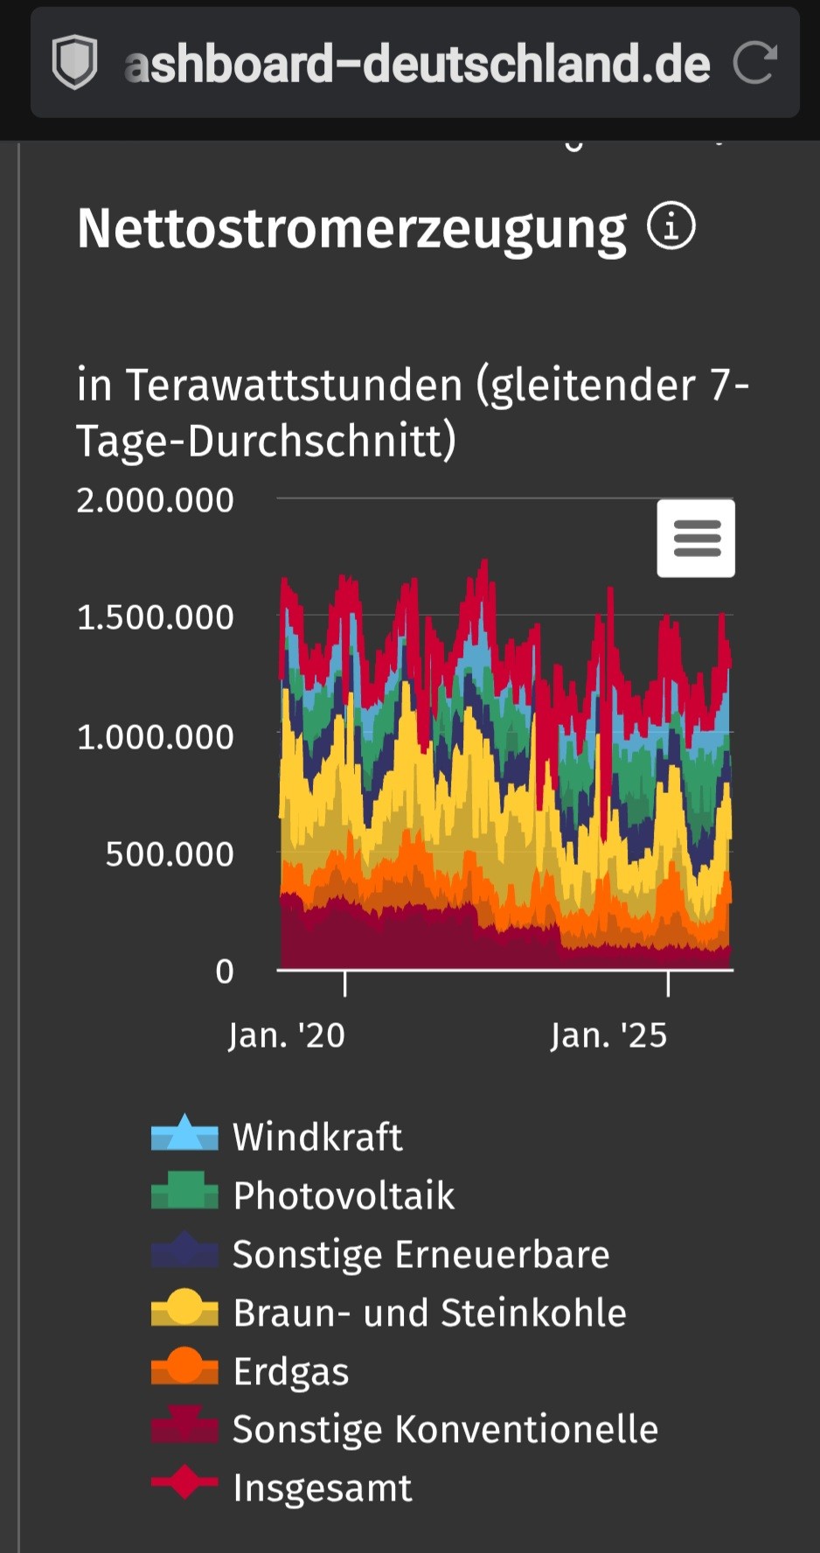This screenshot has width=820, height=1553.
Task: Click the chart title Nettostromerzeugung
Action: click(x=351, y=229)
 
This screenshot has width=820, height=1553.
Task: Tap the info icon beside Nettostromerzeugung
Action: click(x=671, y=226)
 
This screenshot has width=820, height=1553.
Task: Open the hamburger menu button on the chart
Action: click(x=696, y=538)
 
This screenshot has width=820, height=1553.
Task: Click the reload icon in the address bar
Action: click(x=754, y=63)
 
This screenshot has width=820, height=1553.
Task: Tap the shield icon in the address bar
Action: click(x=75, y=63)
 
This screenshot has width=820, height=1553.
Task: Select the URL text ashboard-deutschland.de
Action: click(x=417, y=64)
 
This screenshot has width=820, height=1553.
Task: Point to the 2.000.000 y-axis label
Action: click(x=156, y=500)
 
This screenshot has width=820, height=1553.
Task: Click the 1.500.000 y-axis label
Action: click(x=156, y=617)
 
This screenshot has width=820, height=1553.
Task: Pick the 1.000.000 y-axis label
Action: click(x=156, y=737)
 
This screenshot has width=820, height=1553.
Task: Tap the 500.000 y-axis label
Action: click(x=170, y=854)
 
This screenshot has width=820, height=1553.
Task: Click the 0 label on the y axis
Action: click(x=225, y=971)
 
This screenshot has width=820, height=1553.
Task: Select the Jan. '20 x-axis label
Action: click(x=287, y=1035)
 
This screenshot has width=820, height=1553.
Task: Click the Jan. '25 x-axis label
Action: click(x=608, y=1035)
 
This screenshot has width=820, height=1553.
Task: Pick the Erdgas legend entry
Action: click(x=290, y=1371)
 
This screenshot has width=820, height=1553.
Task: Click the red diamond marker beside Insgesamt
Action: click(x=184, y=1482)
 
